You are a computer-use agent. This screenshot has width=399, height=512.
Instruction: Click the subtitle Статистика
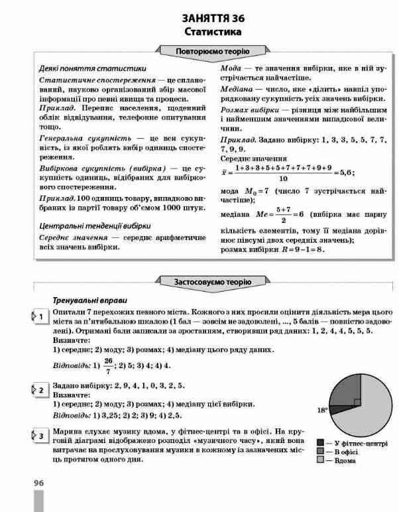coord(213,31)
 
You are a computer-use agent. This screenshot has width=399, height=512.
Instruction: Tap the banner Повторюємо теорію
coord(212,52)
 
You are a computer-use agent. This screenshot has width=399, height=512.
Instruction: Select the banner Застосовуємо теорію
coord(212,281)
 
